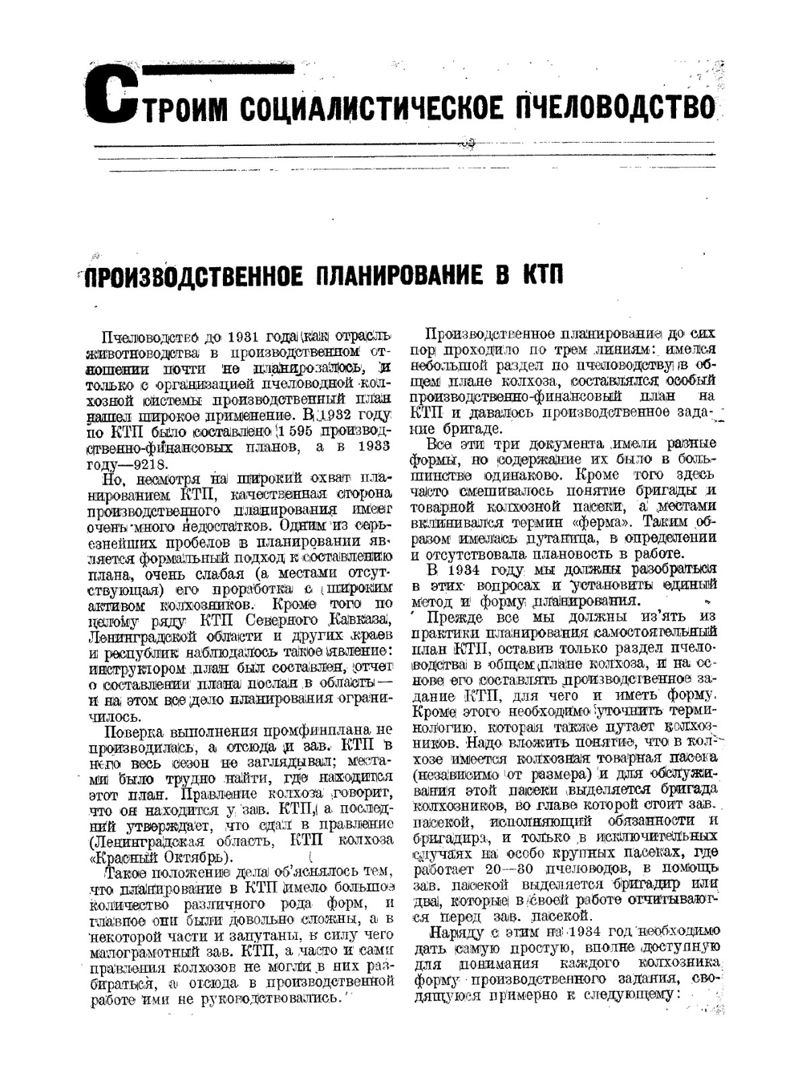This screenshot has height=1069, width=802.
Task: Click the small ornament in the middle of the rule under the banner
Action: (x=468, y=144)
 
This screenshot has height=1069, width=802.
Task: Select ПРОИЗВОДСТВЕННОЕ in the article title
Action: (x=193, y=277)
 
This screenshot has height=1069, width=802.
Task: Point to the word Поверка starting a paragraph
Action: (x=133, y=731)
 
